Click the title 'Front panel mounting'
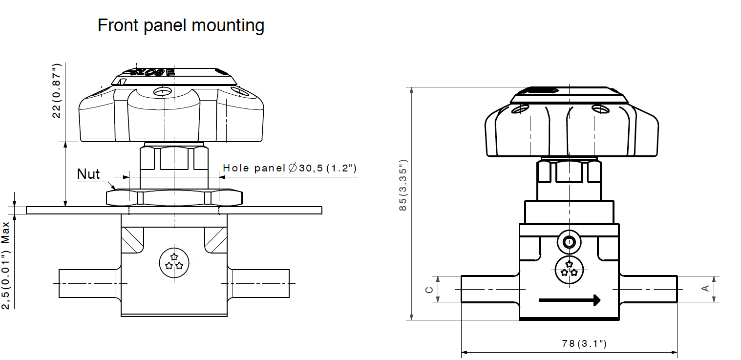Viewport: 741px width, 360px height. pos(181,25)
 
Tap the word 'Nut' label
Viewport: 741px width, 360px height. pos(88,174)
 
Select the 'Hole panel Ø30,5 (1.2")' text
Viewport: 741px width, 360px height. pos(290,169)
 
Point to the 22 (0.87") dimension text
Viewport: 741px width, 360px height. pos(57,91)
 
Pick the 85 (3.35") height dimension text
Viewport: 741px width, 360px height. pos(402,185)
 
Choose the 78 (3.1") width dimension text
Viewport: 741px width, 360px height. pos(584,343)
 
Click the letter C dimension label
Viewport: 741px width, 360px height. pos(429,290)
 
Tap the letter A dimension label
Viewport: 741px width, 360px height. pos(705,289)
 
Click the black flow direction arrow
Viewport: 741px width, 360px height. pos(569,300)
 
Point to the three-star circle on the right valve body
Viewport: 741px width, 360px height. pos(569,269)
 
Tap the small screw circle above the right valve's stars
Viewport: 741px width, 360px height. pos(569,241)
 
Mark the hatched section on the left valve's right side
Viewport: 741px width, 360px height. pos(215,239)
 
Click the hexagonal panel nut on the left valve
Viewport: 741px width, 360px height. pos(174,198)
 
